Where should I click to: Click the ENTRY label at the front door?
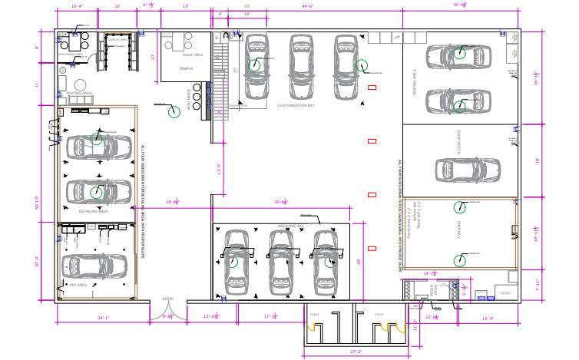(x=168, y=299)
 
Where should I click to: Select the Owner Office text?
(x=192, y=55)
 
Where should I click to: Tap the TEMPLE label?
(x=186, y=68)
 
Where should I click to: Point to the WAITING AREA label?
(x=79, y=93)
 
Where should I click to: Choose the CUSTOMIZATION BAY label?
(x=297, y=104)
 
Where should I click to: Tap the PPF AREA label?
(x=79, y=285)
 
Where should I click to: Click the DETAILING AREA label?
(x=94, y=210)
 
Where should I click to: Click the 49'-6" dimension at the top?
(x=307, y=6)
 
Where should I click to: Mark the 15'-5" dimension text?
(x=487, y=317)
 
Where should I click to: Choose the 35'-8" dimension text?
(x=281, y=202)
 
